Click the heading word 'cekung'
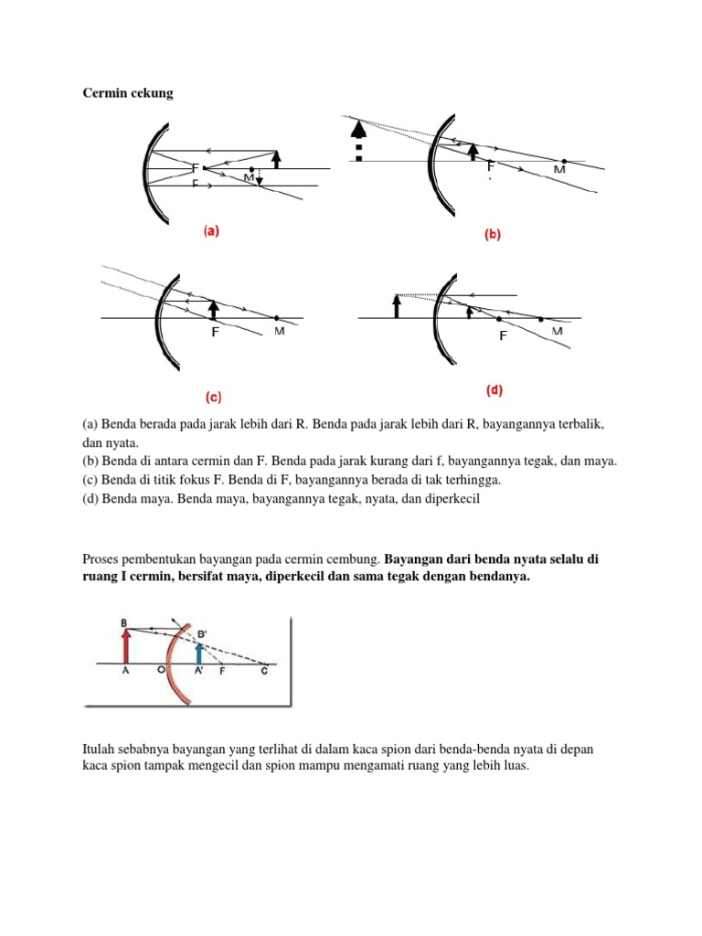[x=150, y=93]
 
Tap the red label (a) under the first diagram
[x=211, y=232]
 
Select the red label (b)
[x=493, y=235]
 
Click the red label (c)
[x=212, y=398]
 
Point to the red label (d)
[x=495, y=390]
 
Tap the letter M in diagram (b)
[x=559, y=170]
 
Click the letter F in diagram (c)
[x=215, y=333]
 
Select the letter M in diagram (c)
[x=279, y=331]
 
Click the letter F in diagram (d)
[x=502, y=336]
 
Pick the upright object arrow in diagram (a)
[x=277, y=158]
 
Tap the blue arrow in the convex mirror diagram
[x=200, y=651]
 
